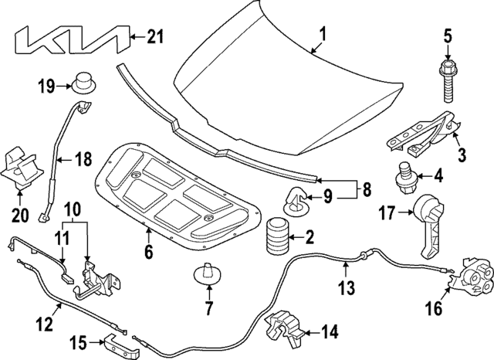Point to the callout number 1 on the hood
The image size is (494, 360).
(323, 33)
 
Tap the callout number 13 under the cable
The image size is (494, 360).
(347, 288)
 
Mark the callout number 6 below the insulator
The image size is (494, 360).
(147, 251)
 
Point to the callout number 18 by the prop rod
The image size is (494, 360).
(83, 160)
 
